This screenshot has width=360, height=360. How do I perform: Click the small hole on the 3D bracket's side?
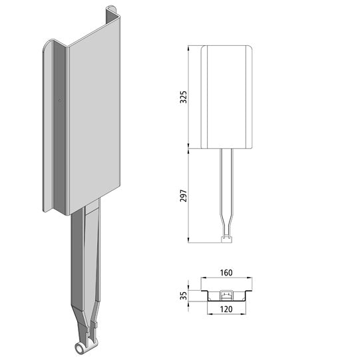click(x=61, y=100)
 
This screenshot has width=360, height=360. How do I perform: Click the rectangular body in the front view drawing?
click(x=228, y=96)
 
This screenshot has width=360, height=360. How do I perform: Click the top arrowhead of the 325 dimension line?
click(x=191, y=49)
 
